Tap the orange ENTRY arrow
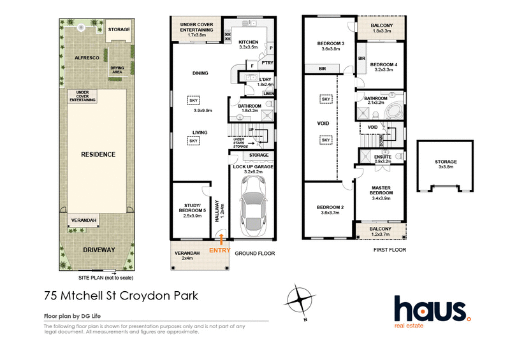[x=221, y=240]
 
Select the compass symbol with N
[x=301, y=301]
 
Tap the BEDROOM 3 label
[x=330, y=44]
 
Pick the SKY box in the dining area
[x=193, y=99]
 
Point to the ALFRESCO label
[x=85, y=57]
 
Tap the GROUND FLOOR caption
[x=254, y=253]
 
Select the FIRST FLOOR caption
[x=389, y=250]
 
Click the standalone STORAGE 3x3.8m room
[x=446, y=164]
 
